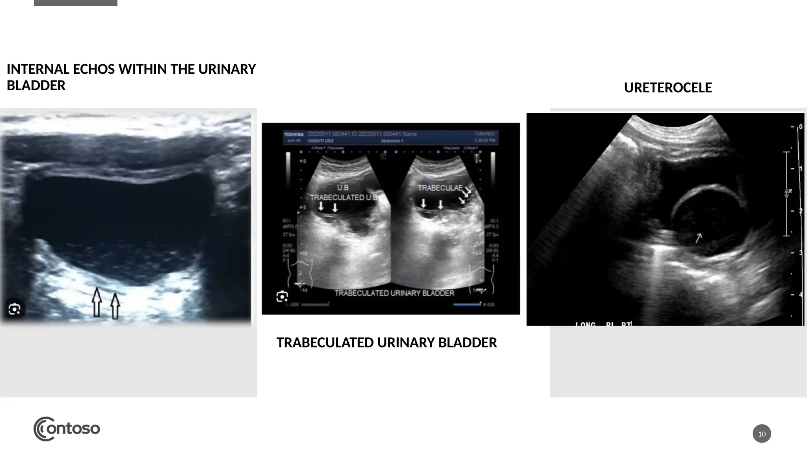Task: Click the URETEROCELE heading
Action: tap(668, 87)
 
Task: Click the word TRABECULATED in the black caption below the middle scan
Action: tap(326, 342)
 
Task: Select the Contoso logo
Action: tap(67, 429)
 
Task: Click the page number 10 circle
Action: tap(762, 434)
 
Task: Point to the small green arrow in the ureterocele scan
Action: tap(698, 238)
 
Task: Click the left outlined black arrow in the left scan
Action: tap(97, 302)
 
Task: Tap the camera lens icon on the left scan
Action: tap(15, 309)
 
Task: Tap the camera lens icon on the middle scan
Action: tap(282, 296)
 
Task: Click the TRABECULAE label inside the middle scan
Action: tap(440, 188)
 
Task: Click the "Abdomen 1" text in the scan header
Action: tap(392, 141)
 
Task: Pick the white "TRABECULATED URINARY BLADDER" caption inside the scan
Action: tap(394, 293)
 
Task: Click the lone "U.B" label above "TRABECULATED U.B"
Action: tap(342, 188)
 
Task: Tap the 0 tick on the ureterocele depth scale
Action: tap(800, 127)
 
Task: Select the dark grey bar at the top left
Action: tap(76, 3)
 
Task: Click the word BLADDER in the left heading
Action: tap(36, 86)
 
